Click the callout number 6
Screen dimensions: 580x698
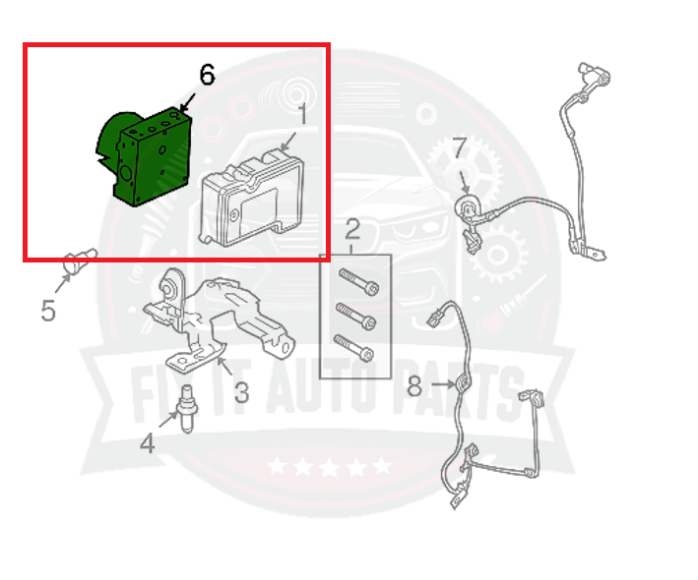[206, 74]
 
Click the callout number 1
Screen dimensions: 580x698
[303, 116]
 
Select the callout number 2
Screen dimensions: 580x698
[351, 234]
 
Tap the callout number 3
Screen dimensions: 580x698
[240, 392]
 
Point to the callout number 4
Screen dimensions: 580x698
[147, 443]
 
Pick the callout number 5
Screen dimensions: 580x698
[48, 311]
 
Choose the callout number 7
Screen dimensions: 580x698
[458, 148]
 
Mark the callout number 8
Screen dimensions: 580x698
[414, 386]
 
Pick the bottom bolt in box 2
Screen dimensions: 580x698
[355, 347]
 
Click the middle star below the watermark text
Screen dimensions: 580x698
[329, 466]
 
